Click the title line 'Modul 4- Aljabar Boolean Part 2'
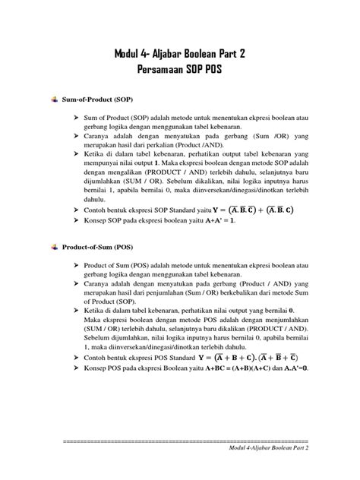coord(179,54)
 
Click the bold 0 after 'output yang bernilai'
coord(292,311)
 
